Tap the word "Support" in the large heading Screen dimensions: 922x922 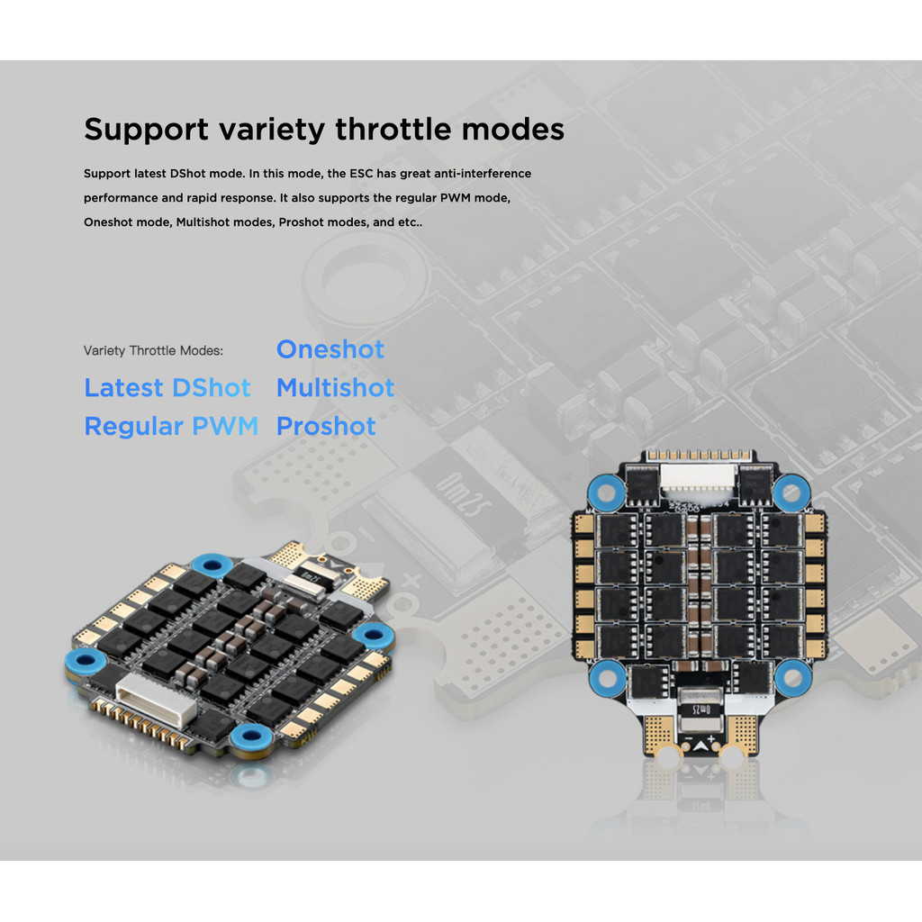click(146, 130)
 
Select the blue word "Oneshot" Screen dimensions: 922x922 click(330, 349)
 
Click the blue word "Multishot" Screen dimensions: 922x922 click(335, 388)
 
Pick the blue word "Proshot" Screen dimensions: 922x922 click(326, 427)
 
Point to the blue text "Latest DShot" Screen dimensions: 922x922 click(167, 388)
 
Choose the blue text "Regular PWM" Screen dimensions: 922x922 click(171, 427)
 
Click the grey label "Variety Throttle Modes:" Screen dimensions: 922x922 click(153, 350)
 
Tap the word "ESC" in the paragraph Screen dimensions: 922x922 click(361, 173)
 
